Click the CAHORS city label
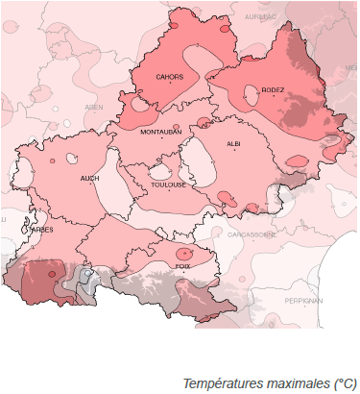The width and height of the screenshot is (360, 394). click(x=170, y=76)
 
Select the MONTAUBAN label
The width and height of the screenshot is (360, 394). click(x=159, y=132)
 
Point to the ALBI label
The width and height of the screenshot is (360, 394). click(x=233, y=143)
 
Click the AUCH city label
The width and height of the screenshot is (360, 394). click(x=89, y=178)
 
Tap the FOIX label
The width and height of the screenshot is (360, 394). click(x=182, y=265)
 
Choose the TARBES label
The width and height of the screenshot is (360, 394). click(x=41, y=230)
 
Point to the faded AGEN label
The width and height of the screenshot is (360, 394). click(x=93, y=108)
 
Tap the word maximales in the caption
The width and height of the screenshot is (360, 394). click(x=294, y=383)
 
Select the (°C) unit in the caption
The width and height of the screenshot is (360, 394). click(x=345, y=383)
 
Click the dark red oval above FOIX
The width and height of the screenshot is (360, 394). click(x=182, y=253)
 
